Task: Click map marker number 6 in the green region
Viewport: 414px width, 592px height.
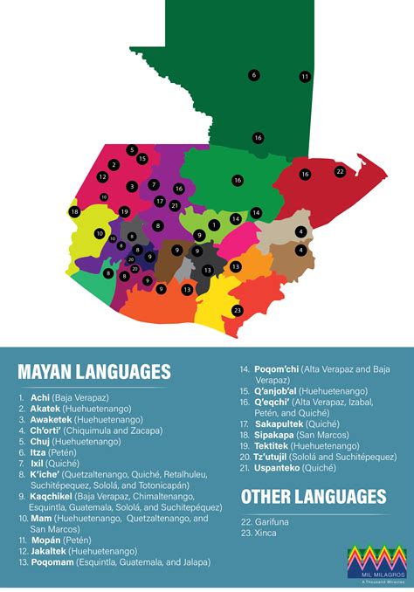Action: tap(254, 75)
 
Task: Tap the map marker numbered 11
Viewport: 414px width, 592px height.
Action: tap(305, 77)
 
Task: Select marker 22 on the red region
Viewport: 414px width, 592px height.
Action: tap(340, 171)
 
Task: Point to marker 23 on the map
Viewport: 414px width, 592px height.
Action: tap(237, 310)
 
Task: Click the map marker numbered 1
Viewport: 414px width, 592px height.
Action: tap(213, 224)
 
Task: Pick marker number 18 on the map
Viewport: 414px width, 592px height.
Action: tap(75, 212)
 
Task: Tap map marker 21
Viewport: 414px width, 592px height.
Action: tap(175, 205)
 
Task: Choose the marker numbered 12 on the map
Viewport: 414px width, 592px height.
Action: tap(102, 177)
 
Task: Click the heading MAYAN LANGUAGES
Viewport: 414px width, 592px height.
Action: tap(93, 371)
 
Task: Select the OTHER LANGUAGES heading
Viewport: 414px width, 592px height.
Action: tap(313, 497)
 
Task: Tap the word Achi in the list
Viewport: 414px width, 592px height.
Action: tap(40, 397)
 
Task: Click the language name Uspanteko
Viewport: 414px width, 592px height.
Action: tap(279, 467)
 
